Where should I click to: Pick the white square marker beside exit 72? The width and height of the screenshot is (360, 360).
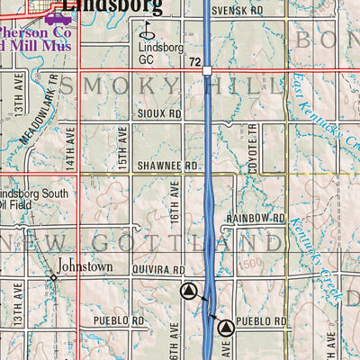click(207, 69)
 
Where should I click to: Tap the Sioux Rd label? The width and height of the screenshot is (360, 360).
click(160, 115)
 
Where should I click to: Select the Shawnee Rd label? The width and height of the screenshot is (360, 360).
click(167, 166)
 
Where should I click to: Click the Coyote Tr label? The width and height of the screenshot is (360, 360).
click(254, 143)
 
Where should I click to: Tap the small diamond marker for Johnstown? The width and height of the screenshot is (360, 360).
click(53, 276)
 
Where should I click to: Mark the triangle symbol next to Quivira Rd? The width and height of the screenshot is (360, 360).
click(188, 291)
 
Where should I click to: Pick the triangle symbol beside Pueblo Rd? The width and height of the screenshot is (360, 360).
click(226, 328)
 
